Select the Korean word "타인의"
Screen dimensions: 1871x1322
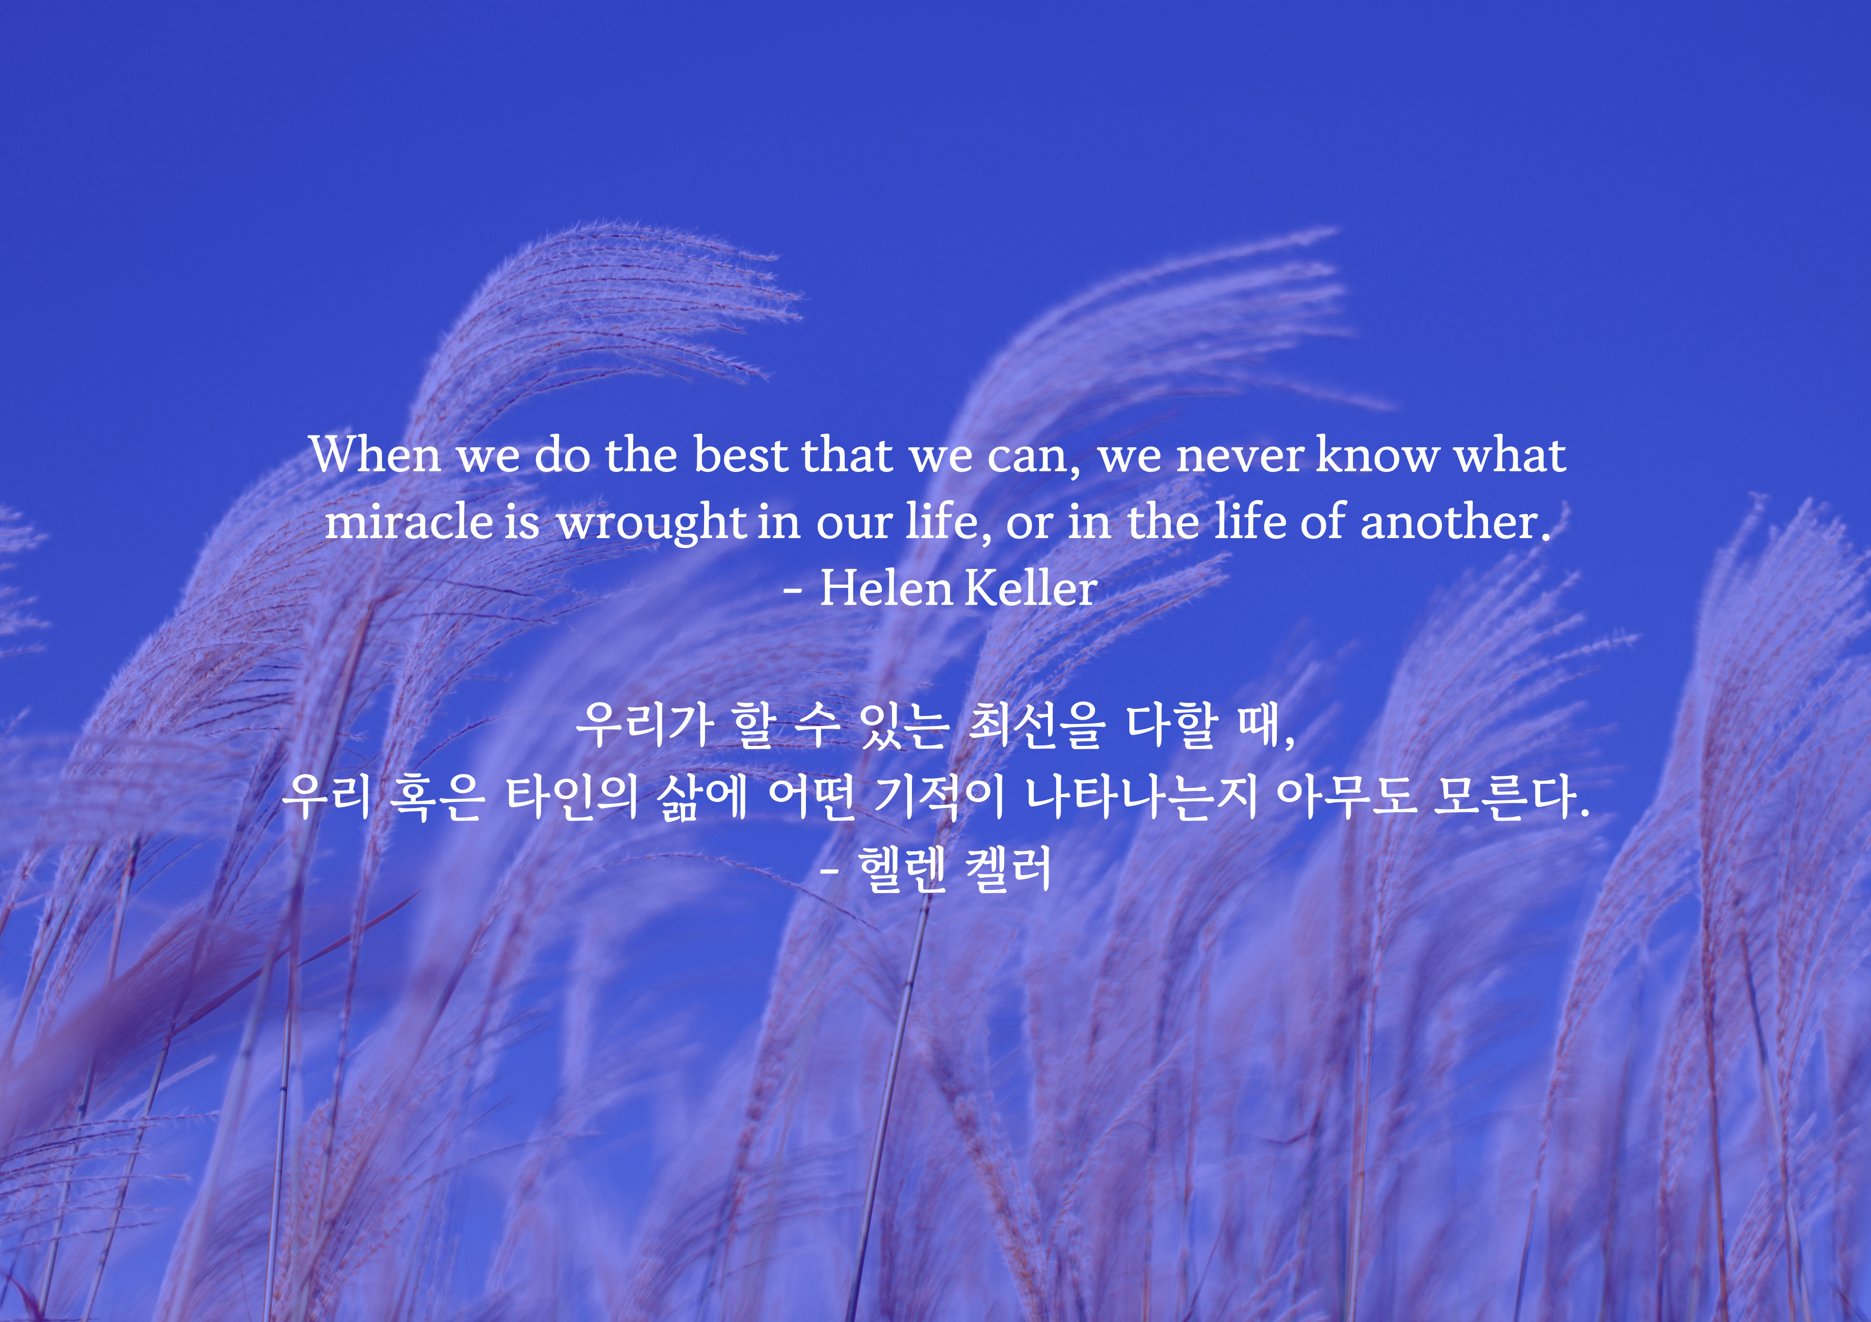tap(571, 797)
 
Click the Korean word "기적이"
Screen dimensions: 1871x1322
tap(939, 797)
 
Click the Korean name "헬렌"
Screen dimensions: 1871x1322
tap(902, 868)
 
